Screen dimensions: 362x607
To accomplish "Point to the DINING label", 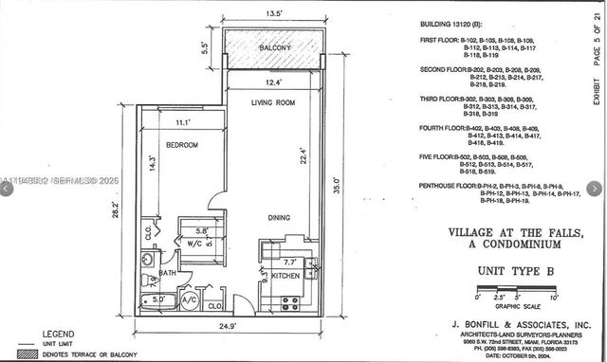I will (278, 218).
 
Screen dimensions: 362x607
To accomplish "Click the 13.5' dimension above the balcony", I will (273, 13).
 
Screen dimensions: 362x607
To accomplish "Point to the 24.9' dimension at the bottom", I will (225, 326).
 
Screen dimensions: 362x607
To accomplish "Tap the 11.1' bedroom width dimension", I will (182, 122).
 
